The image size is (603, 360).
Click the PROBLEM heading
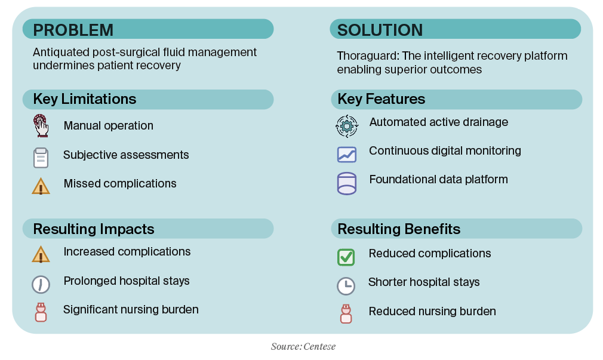coord(73,30)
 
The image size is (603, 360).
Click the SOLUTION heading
coord(380,30)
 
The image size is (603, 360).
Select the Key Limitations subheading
coord(84,99)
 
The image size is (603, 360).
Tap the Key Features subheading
coord(381,99)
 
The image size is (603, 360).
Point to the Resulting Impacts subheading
coord(93,229)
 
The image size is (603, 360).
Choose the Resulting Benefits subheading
coord(399,229)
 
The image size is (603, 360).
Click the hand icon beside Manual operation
coord(41,127)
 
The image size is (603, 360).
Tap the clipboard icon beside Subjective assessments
coord(41,157)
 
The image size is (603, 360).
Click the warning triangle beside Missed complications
coord(41,186)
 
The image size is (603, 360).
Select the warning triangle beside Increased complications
coord(41,254)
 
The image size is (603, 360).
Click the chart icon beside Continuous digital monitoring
coord(346,155)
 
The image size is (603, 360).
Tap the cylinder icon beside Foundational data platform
coord(346,184)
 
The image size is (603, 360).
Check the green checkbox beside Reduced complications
coord(346,257)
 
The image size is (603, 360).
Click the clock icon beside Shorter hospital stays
coord(346,286)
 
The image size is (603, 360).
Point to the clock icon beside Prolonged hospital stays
coord(41,284)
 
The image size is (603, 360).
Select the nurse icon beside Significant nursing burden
coord(41,312)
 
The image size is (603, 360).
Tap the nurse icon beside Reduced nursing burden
coord(346,313)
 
